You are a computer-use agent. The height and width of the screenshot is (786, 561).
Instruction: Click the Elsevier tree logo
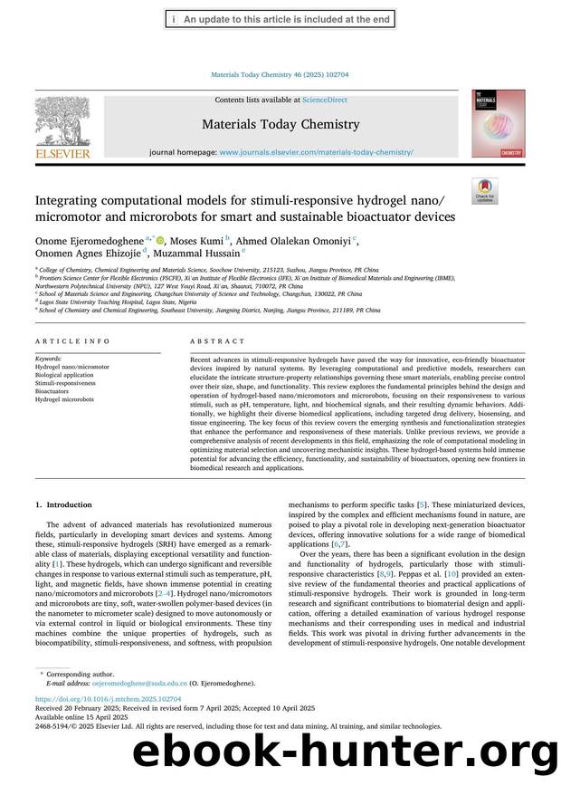(x=62, y=121)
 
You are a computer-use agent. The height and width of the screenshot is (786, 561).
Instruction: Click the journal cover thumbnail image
(x=497, y=124)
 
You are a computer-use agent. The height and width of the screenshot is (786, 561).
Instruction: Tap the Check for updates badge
(x=485, y=191)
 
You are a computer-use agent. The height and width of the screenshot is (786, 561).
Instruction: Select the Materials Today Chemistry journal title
(x=280, y=124)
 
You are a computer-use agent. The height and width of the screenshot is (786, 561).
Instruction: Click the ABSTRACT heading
(x=217, y=341)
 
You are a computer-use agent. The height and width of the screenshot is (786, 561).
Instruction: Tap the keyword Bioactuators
(x=53, y=391)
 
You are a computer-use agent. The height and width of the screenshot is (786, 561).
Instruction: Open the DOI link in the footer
(x=107, y=725)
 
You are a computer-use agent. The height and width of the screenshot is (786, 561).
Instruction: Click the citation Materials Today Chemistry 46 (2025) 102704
(x=280, y=75)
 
